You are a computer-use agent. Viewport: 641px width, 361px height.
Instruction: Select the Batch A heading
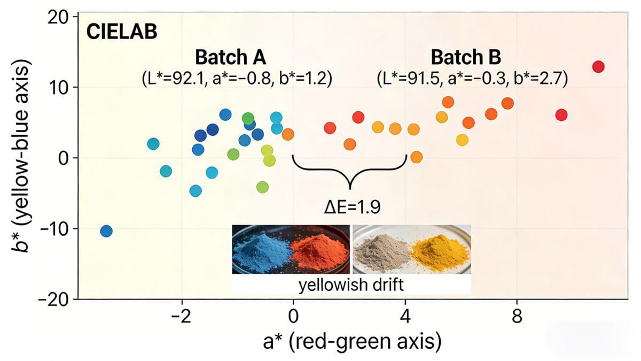click(x=230, y=57)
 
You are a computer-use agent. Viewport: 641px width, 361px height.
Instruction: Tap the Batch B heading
click(x=466, y=57)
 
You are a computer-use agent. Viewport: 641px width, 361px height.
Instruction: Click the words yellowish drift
click(x=351, y=284)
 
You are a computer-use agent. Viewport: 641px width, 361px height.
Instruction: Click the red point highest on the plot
click(x=598, y=67)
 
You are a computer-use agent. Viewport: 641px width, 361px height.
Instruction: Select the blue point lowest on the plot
click(x=106, y=231)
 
